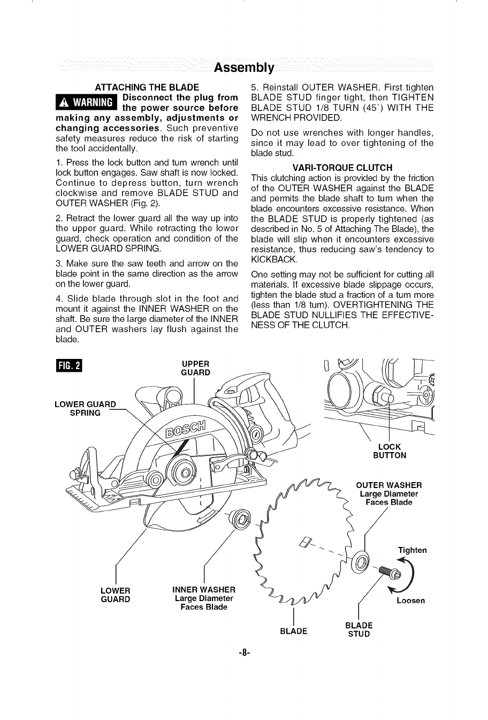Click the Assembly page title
pos(244,68)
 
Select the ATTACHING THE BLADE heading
pos(147,87)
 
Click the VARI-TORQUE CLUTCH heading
pos(342,168)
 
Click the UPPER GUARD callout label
pos(195,369)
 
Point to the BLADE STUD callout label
pos(359,629)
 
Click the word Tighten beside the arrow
pos(412,550)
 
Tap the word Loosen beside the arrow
pos(410,601)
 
